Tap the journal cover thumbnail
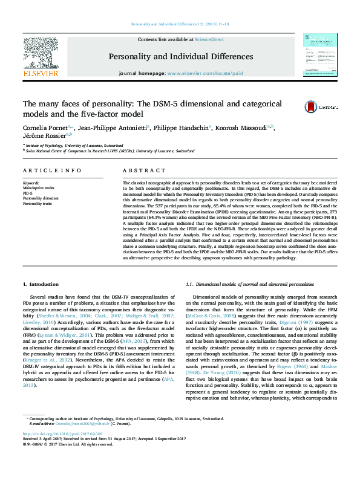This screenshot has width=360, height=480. [x=319, y=55]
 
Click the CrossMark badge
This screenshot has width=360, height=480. [x=321, y=107]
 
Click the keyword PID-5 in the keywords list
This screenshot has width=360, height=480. [x=28, y=192]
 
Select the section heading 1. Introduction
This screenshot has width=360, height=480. [x=42, y=284]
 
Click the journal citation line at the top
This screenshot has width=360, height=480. [x=180, y=24]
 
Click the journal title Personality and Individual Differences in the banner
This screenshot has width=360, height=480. [x=180, y=57]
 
